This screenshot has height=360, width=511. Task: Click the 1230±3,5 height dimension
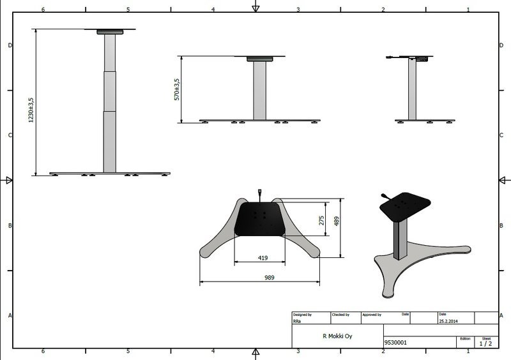pos(31,110)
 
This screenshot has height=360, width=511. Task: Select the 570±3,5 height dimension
pos(177,89)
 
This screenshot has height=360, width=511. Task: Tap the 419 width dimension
pos(263,258)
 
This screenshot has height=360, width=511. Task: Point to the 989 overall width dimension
pos(269,278)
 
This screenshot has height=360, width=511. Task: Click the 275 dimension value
pos(322,221)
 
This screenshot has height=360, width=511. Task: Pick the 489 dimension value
pos(337,221)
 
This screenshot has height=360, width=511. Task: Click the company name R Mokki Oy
pos(337,336)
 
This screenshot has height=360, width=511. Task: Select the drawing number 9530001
pos(395,342)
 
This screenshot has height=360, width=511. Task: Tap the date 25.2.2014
pos(448,321)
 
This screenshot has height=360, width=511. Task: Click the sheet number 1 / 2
pos(485,343)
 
